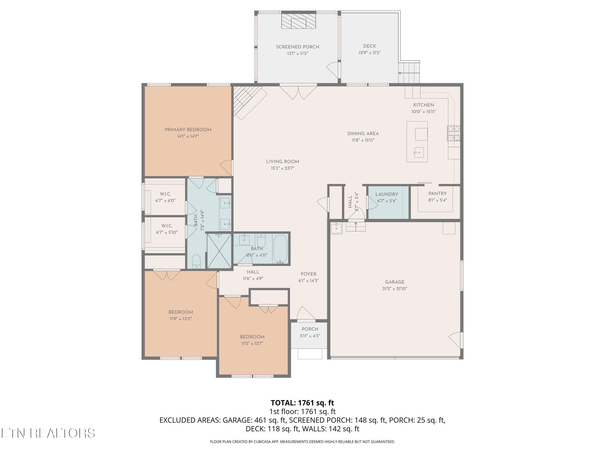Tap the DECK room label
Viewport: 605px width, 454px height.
[x=369, y=46]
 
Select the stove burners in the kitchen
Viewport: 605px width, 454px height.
[x=454, y=133]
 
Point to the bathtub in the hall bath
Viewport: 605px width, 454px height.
[x=280, y=249]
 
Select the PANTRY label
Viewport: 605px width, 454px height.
[x=437, y=194]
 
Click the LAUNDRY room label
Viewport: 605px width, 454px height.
[x=387, y=194]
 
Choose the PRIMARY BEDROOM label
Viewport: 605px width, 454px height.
[x=188, y=130]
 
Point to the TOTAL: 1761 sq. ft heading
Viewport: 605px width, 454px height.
[x=302, y=403]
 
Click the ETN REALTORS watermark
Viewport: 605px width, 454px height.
[x=48, y=433]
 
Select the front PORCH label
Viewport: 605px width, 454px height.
[x=310, y=329]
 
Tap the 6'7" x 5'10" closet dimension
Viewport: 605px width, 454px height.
[x=167, y=232]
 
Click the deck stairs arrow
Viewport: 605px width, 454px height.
[x=409, y=73]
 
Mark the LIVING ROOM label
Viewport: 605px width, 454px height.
[x=283, y=162]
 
